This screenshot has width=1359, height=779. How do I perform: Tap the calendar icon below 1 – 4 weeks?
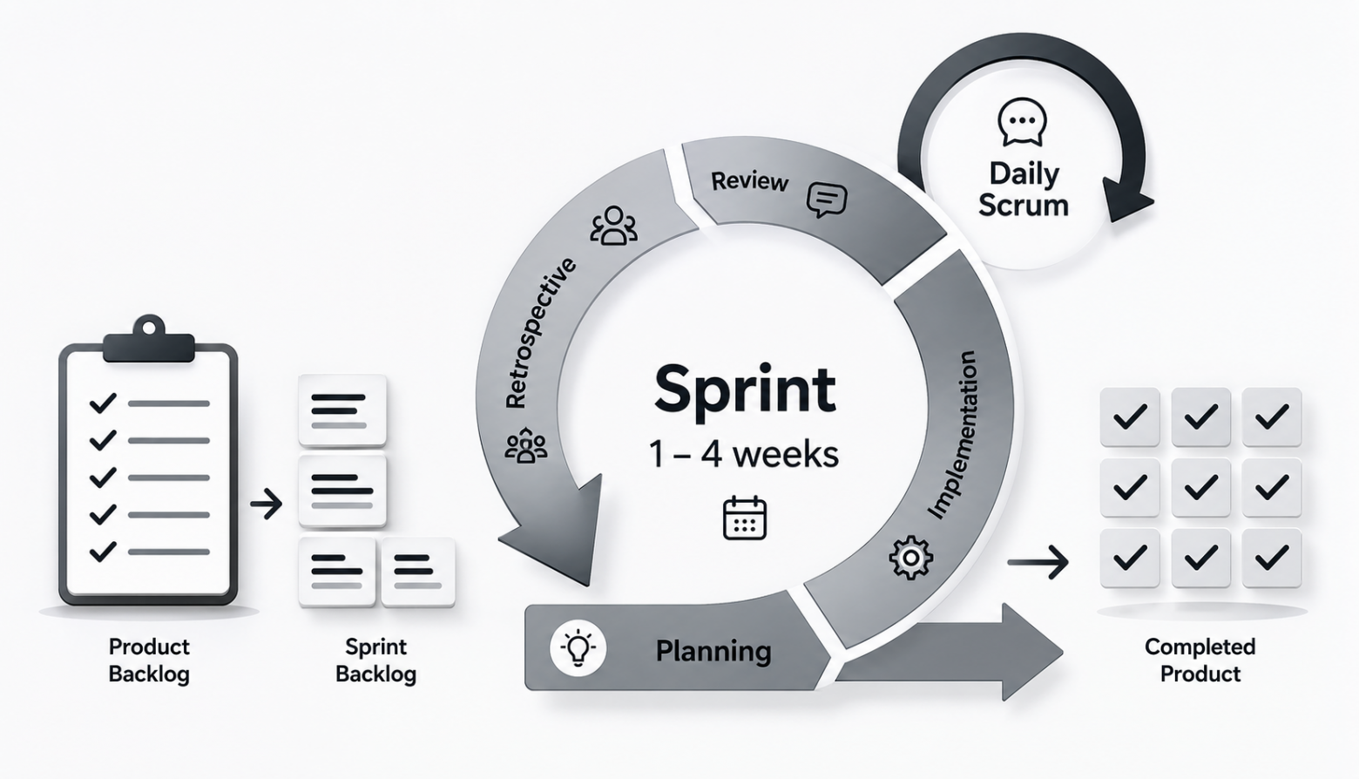point(745,518)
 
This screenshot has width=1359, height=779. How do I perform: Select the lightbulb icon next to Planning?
point(578,648)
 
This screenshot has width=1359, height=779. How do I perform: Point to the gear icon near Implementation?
point(910,556)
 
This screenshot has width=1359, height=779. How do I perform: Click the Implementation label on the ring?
point(952,435)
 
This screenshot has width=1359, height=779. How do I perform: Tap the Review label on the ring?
point(750,180)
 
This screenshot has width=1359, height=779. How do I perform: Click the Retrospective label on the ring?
point(539,333)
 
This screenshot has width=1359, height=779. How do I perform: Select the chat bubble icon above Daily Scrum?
point(1022,122)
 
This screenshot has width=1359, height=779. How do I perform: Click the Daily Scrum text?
point(1024,189)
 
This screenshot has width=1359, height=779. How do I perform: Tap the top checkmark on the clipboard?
point(103,403)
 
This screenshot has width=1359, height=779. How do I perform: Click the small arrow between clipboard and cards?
point(267,504)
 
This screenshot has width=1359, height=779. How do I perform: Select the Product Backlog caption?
point(149,660)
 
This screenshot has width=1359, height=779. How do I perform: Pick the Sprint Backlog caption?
point(376,660)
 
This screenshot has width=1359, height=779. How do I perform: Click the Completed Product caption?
point(1200,660)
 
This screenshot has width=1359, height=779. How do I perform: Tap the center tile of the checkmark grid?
point(1200,487)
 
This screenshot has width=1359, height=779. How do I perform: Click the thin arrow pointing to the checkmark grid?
point(1038,562)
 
